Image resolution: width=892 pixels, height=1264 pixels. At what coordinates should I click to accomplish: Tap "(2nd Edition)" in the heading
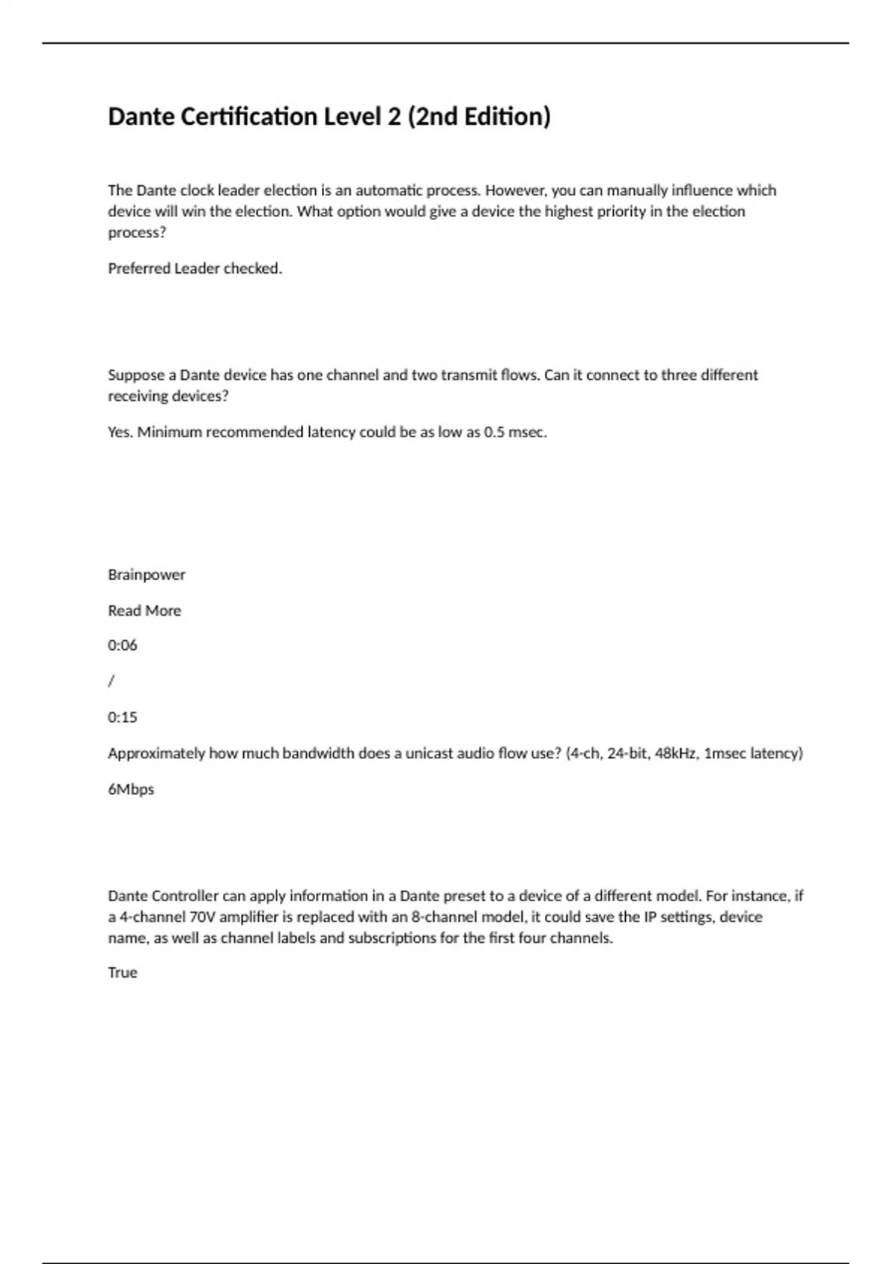point(479,117)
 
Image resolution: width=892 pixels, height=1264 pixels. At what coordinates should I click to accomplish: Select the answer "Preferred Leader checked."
point(195,268)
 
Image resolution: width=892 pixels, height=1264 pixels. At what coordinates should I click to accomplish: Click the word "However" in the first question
point(514,190)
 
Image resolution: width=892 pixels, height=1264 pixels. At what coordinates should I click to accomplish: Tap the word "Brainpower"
point(146,575)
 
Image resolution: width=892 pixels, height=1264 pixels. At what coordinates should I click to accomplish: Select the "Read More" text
point(144,610)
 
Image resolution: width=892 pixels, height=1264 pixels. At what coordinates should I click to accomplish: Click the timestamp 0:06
point(123,645)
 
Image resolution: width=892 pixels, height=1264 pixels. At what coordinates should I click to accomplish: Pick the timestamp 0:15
point(123,718)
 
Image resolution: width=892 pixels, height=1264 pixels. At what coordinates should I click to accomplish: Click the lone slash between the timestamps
point(111,681)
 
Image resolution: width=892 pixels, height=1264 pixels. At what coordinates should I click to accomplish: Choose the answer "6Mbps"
point(131,790)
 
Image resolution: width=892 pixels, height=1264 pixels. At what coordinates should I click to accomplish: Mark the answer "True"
point(123,973)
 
